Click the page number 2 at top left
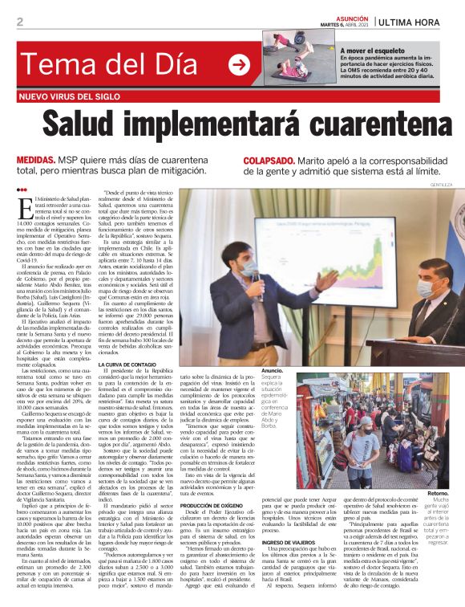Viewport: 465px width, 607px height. (20, 22)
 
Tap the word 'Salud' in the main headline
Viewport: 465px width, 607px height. (93, 125)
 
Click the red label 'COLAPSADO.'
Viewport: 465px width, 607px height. (268, 161)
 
